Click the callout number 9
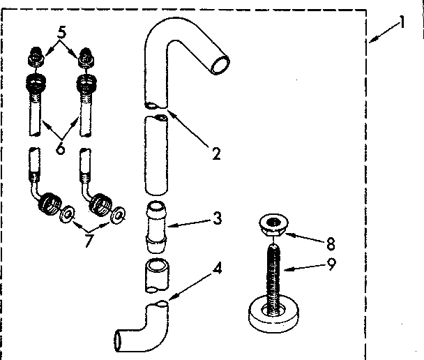pyautogui.click(x=330, y=264)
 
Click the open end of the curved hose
pyautogui.click(x=220, y=63)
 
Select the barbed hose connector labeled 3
pyautogui.click(x=157, y=225)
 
